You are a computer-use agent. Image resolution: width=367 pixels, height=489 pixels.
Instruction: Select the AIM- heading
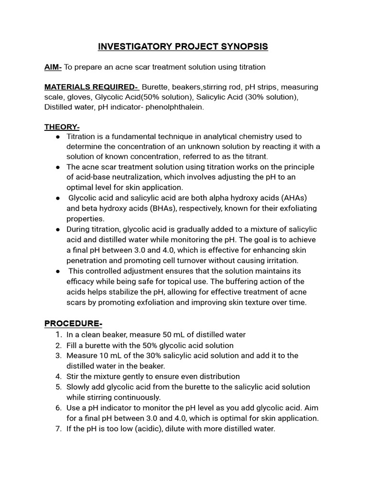click(x=53, y=67)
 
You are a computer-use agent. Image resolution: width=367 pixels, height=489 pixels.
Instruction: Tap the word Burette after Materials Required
click(x=155, y=87)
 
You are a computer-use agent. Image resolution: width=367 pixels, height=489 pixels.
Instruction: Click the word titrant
click(x=257, y=157)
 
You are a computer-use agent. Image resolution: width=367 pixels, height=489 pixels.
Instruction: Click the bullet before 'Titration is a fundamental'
click(x=57, y=137)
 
